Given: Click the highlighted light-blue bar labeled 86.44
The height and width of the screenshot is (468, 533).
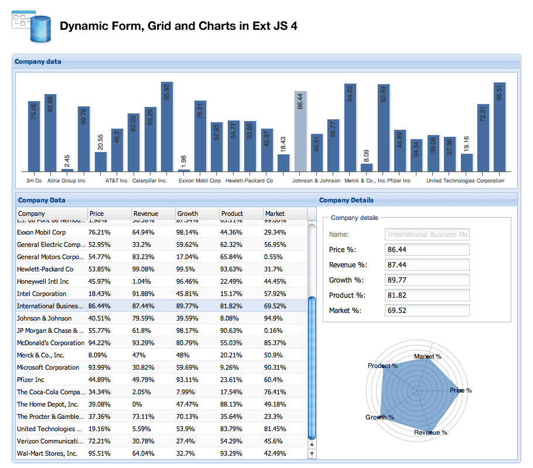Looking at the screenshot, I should coord(300,131).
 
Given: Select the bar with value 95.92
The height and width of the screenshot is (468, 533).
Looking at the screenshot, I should coord(167,126).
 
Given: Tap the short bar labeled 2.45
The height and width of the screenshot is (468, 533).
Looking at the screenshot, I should coord(67,170).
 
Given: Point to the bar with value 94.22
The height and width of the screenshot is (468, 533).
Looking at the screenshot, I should coord(350,128).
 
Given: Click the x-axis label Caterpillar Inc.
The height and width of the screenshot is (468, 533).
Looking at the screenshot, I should coord(150,181).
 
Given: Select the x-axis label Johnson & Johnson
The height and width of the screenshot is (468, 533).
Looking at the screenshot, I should coord(316,181).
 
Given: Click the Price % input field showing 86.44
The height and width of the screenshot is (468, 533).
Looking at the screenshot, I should coord(428,250).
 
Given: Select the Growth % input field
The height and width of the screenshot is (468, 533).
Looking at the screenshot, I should coord(428,280).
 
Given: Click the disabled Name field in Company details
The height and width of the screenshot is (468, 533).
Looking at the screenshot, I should coord(428,235).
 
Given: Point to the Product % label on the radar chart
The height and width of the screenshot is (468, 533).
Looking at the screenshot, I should coord(382,366).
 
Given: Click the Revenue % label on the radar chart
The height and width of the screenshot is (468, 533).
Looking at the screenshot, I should coord(430,432).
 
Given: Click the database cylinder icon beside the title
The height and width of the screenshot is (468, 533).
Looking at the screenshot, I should coord(40,28).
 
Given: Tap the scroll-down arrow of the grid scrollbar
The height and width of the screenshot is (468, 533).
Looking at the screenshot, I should coord(312,453).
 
